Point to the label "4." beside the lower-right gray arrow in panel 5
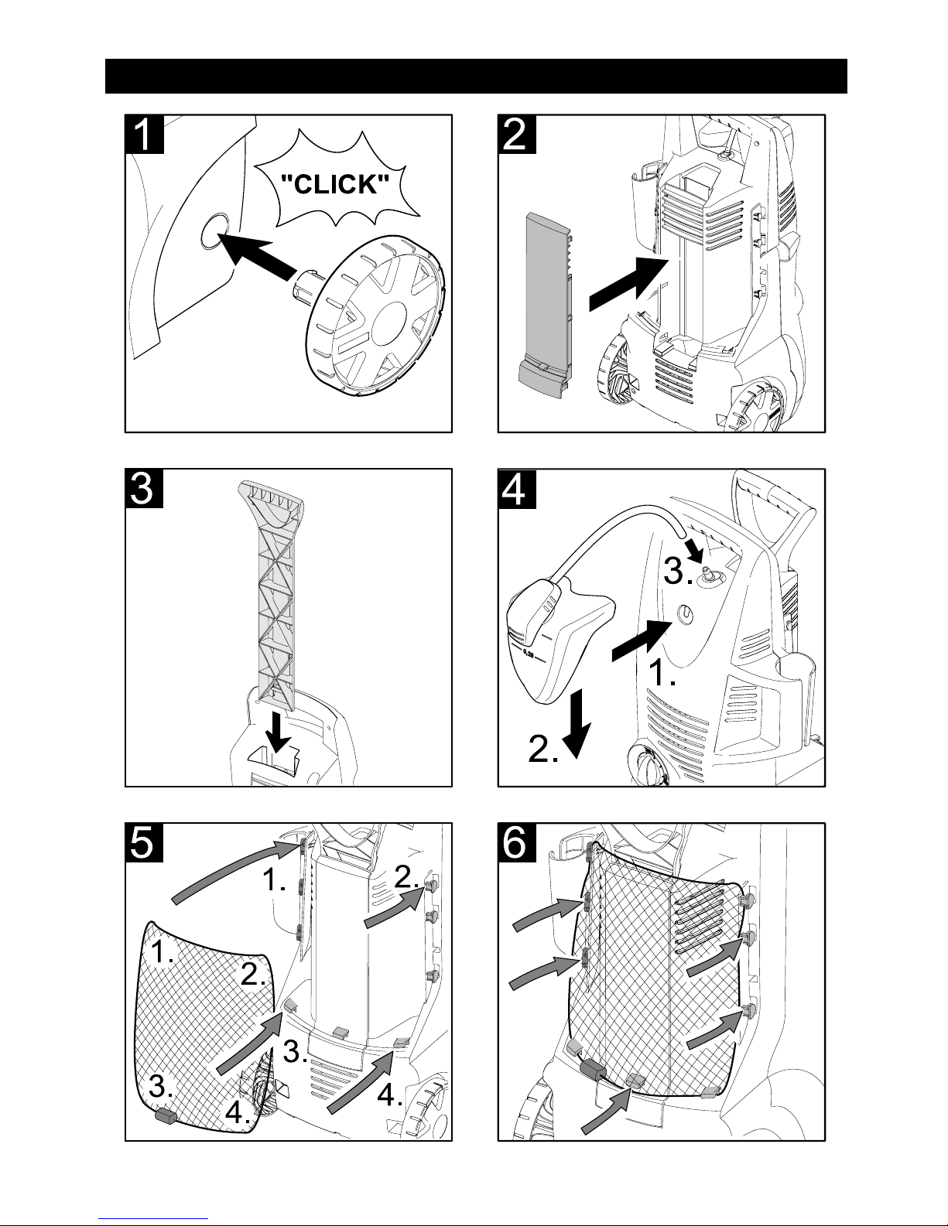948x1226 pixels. (x=392, y=1095)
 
